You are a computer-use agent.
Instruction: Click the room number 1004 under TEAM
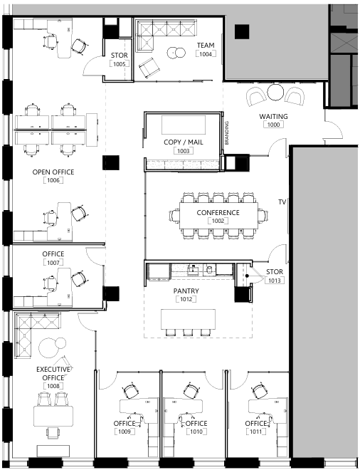click(x=206, y=54)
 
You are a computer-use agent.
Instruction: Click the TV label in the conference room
click(x=282, y=202)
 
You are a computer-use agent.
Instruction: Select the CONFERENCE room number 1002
click(x=218, y=221)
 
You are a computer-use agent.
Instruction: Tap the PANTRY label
click(x=186, y=291)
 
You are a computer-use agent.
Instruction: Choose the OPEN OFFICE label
click(x=53, y=172)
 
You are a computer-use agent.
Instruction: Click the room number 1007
click(x=53, y=263)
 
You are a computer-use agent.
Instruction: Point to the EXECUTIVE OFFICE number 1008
click(x=53, y=386)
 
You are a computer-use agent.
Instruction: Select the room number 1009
click(x=125, y=432)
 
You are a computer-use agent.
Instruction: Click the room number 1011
click(x=255, y=432)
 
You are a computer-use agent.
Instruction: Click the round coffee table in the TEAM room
click(x=174, y=52)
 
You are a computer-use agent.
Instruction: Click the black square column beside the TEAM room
click(x=243, y=32)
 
